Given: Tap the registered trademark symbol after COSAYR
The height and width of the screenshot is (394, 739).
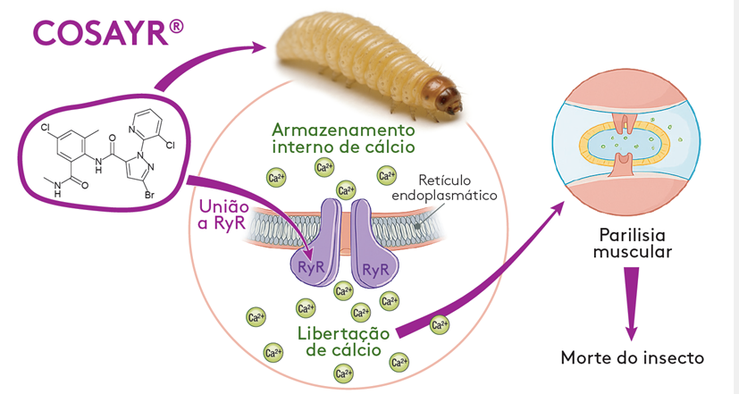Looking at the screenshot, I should click(x=177, y=27).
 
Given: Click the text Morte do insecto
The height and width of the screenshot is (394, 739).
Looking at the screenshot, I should click(x=632, y=357).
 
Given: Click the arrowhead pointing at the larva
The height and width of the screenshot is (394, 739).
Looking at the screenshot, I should click(x=263, y=46).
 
